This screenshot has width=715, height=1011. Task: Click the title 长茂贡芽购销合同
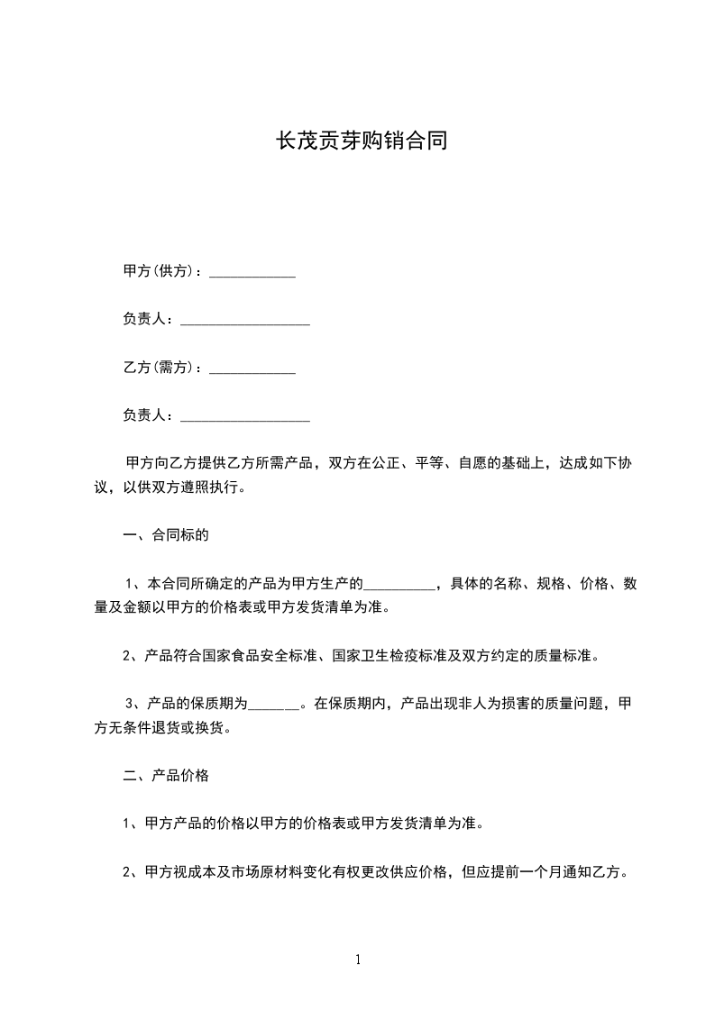pyautogui.click(x=361, y=141)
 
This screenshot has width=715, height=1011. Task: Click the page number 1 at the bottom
pyautogui.click(x=358, y=960)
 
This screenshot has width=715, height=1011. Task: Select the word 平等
pyautogui.click(x=427, y=463)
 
